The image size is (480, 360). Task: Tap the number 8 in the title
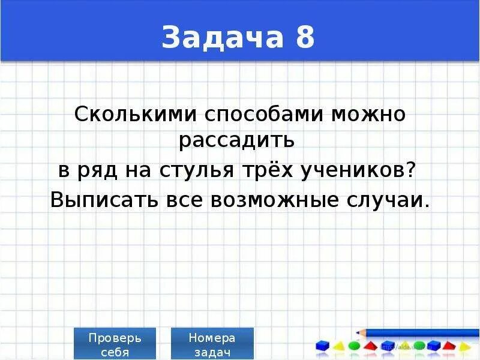tap(304, 38)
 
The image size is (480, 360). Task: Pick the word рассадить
tap(237, 140)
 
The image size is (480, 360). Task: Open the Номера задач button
tap(212, 344)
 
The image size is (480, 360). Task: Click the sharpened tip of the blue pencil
tap(358, 332)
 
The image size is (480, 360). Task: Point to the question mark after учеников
tap(410, 170)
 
